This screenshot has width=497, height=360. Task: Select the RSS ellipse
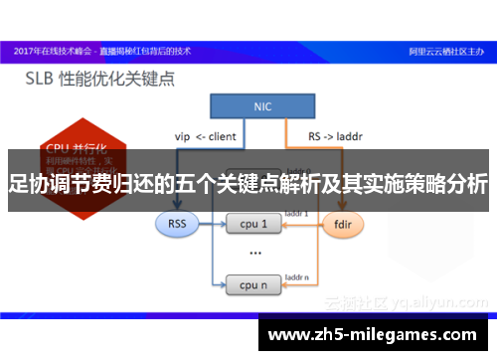(177, 224)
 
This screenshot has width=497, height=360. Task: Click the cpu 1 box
(254, 224)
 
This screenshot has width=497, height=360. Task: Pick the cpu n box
(254, 285)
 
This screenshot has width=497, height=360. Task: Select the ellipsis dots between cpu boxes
(254, 255)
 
